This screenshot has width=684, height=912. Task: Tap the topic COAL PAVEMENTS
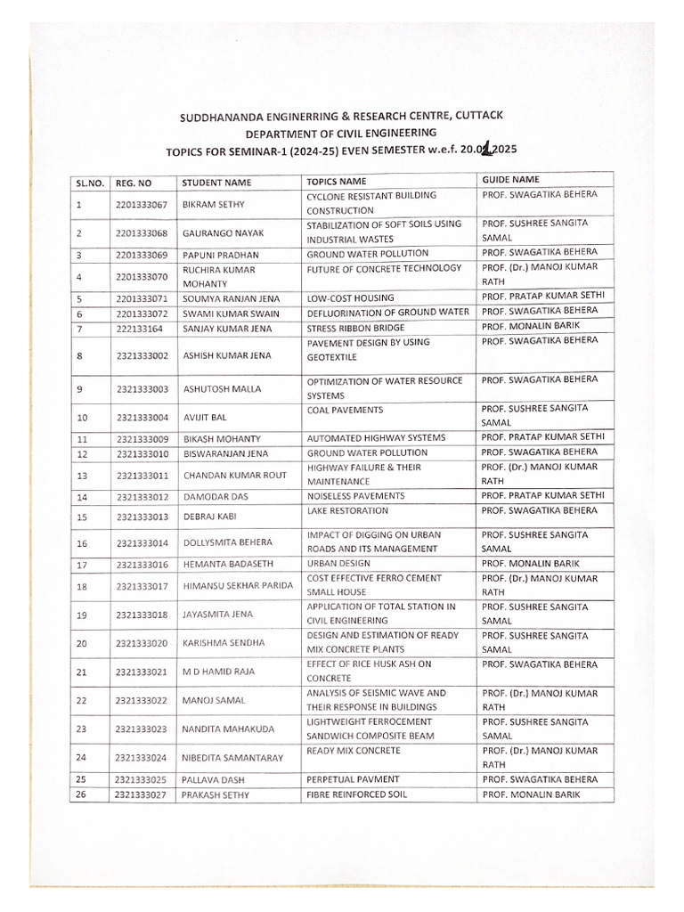coord(345,410)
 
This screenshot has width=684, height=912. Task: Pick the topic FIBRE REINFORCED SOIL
coord(356,794)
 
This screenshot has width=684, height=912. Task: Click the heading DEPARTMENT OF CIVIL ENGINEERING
coord(342,132)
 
